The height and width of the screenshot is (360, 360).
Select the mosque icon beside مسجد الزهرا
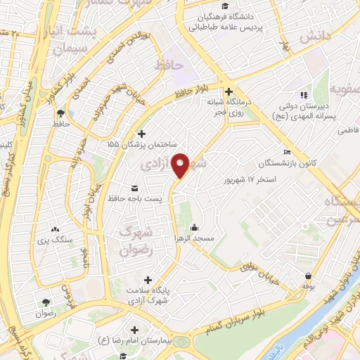(194, 227)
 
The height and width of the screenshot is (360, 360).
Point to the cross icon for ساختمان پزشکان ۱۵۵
(141, 133)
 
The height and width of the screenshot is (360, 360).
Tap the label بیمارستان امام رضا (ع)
(134, 341)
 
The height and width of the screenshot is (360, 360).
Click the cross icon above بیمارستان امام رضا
(134, 329)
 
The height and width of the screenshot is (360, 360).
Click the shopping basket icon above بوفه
(307, 276)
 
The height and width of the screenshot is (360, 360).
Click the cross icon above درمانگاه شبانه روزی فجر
(228, 91)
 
